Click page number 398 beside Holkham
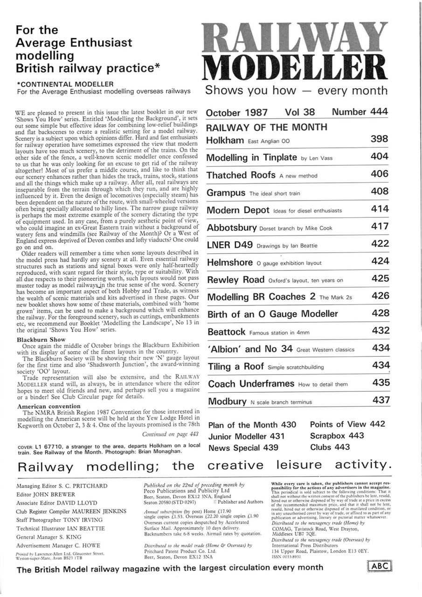tap(379, 139)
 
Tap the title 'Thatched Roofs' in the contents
tap(241, 175)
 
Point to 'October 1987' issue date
tap(237, 112)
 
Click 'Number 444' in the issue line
tap(360, 112)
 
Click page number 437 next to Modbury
tap(380, 400)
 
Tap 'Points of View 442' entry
tap(347, 424)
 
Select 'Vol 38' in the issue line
tap(299, 112)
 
